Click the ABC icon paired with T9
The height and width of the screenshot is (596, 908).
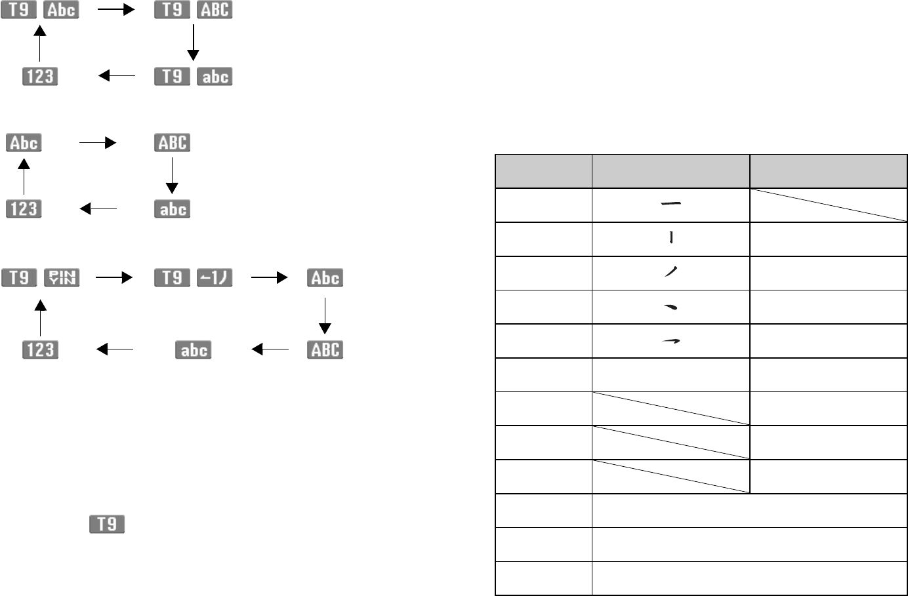215,10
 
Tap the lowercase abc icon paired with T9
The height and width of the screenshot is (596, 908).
215,77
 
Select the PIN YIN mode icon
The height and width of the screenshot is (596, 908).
62,277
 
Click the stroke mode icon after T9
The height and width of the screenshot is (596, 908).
215,277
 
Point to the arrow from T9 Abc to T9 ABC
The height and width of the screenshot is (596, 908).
116,10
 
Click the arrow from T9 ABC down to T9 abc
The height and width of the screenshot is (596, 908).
193,43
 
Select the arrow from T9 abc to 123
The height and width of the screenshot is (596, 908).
116,76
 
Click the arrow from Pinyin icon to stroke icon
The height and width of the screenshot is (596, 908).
114,277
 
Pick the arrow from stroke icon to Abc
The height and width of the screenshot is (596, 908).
269,277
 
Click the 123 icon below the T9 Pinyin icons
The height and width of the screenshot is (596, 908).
40,349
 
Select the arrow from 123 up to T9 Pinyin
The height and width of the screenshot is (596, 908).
40,317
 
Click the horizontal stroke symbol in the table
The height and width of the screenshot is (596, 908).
671,205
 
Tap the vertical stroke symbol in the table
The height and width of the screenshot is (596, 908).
671,239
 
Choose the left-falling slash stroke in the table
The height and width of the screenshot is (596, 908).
671,273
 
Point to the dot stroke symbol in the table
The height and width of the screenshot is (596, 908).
671,307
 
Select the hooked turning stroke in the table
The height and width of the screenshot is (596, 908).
671,341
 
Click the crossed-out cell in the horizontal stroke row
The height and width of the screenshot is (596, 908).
829,205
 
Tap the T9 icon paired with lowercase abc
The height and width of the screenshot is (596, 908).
172,77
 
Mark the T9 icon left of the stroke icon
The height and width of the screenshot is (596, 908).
172,277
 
